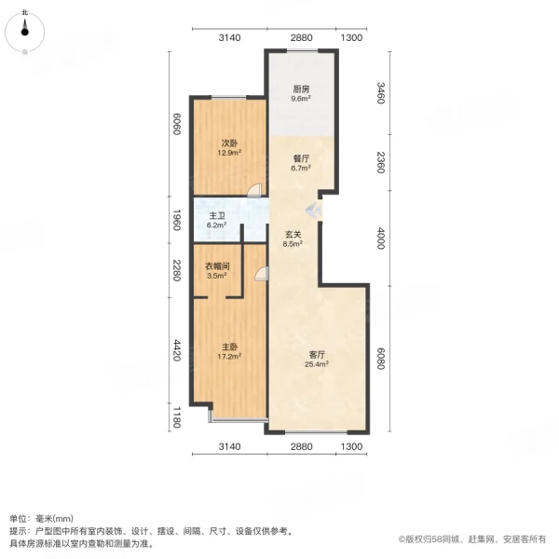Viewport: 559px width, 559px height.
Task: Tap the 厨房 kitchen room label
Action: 300,89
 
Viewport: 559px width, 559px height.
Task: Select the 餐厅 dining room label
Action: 300,158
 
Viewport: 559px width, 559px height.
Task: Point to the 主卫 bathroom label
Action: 216,215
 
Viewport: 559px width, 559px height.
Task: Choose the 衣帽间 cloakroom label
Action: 217,266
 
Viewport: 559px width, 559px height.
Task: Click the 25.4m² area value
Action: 318,364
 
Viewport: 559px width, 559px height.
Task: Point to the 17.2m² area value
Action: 229,356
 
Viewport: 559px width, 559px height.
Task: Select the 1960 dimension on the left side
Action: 173,222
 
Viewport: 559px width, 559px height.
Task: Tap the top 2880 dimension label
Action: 299,38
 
